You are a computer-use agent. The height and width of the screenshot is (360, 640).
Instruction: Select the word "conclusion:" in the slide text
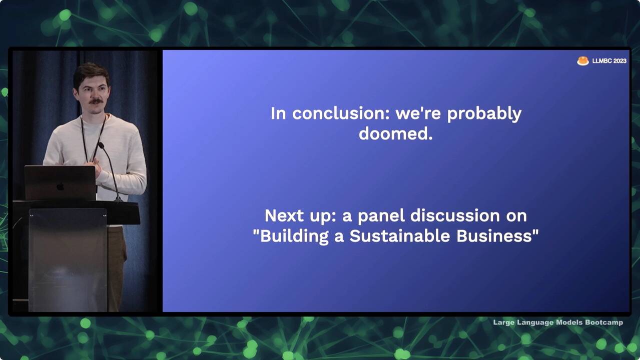point(341,113)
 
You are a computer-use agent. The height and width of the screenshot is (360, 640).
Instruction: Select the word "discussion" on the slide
point(455,216)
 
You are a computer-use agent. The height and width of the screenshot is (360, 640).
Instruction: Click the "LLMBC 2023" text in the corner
point(609,61)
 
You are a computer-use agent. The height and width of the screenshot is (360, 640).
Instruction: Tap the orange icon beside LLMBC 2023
point(582,61)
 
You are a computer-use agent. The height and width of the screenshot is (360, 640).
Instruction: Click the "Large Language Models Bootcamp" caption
point(558,322)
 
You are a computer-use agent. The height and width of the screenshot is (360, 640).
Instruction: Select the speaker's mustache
point(96,101)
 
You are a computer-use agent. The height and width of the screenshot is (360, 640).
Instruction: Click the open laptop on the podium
point(60,183)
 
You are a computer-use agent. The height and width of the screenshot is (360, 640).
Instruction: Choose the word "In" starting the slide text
point(278,113)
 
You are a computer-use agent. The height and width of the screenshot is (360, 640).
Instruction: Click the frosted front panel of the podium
point(68,260)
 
